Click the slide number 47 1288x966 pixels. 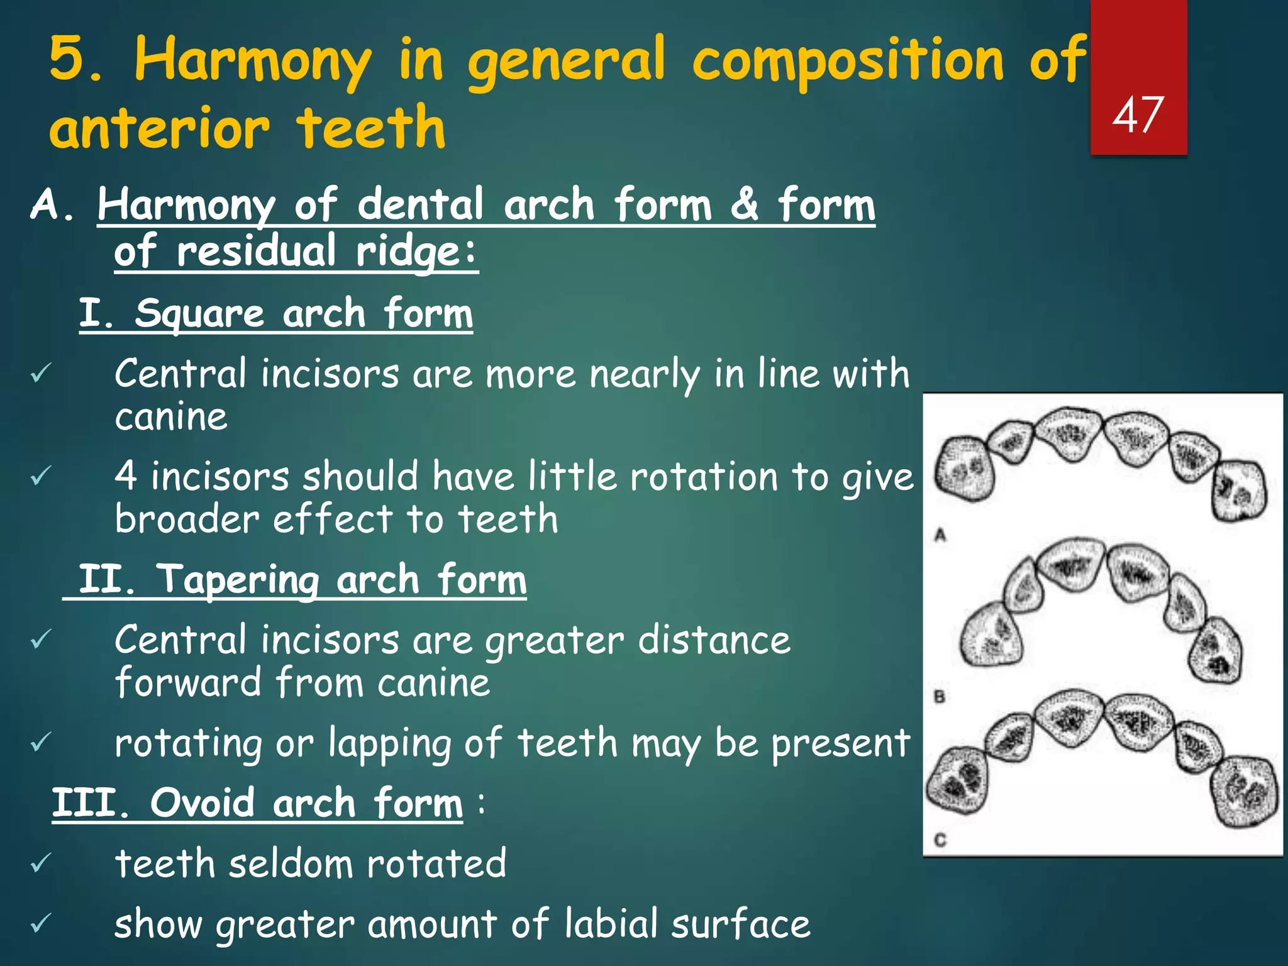[1138, 115]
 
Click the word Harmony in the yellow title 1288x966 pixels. [253, 61]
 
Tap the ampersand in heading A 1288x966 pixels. [744, 204]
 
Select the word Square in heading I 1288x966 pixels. [199, 313]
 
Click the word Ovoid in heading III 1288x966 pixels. [203, 803]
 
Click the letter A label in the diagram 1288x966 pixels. [940, 535]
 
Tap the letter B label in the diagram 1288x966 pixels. [940, 696]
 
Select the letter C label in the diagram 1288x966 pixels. [940, 840]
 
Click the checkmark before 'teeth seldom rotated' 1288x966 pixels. [40, 863]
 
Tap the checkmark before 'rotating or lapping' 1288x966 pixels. [40, 743]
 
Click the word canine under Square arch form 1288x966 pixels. [171, 417]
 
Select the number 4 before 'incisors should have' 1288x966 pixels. [126, 476]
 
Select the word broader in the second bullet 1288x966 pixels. [187, 519]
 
